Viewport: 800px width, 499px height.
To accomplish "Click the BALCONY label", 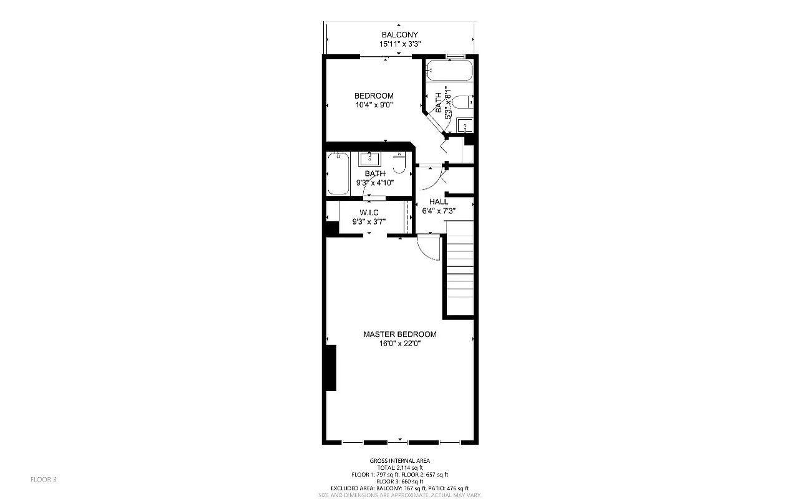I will [x=399, y=35].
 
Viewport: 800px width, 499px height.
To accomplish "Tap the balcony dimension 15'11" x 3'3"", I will [x=399, y=44].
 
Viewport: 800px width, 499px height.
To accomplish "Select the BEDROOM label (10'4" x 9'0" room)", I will [x=374, y=95].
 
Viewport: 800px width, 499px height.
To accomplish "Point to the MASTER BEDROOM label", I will [x=399, y=334].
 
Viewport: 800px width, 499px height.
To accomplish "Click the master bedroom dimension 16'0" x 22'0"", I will [x=399, y=344].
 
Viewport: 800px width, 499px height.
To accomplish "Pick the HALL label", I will [x=438, y=201].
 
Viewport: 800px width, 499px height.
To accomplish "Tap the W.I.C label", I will [x=369, y=212].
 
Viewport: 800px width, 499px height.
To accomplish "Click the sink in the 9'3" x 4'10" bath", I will [x=369, y=158].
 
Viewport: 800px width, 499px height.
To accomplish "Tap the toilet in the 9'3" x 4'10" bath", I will [x=399, y=162].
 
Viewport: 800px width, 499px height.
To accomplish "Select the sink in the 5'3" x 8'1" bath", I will [x=465, y=125].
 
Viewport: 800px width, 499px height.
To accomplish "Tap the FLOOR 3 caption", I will [x=44, y=480].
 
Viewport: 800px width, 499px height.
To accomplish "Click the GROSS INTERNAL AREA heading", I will [x=399, y=461].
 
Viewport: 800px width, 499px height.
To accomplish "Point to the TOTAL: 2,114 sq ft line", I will [x=399, y=468].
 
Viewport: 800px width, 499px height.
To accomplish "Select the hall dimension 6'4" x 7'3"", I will [x=438, y=211].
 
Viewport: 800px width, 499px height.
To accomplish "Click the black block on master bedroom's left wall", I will [x=330, y=368].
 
